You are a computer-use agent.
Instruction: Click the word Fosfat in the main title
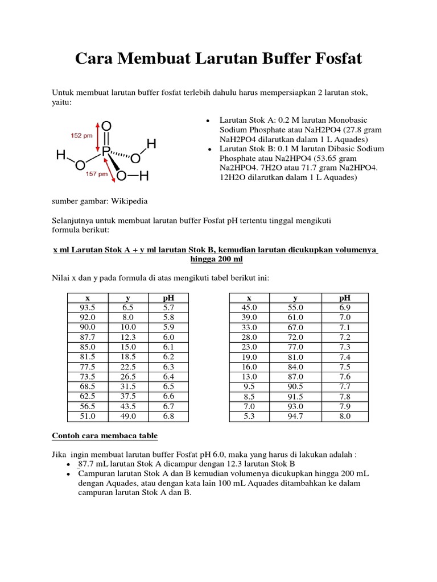(x=333, y=59)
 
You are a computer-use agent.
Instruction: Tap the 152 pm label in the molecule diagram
(x=81, y=136)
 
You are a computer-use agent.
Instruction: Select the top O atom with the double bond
(x=106, y=126)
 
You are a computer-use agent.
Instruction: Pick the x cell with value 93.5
(x=87, y=307)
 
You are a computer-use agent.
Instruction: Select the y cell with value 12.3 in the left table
(x=128, y=336)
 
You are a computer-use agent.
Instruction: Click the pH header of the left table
(x=168, y=297)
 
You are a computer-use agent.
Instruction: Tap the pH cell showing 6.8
(x=168, y=416)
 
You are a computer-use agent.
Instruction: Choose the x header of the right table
(x=249, y=297)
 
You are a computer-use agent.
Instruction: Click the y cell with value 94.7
(x=295, y=416)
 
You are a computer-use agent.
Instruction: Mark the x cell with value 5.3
(x=249, y=416)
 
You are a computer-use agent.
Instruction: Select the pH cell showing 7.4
(x=345, y=357)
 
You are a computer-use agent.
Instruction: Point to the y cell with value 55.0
(x=295, y=307)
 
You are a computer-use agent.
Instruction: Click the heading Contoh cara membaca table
(x=105, y=435)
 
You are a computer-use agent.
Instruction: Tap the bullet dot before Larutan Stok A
(x=209, y=121)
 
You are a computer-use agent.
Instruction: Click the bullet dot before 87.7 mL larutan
(x=68, y=464)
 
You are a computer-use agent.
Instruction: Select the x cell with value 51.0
(x=87, y=416)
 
